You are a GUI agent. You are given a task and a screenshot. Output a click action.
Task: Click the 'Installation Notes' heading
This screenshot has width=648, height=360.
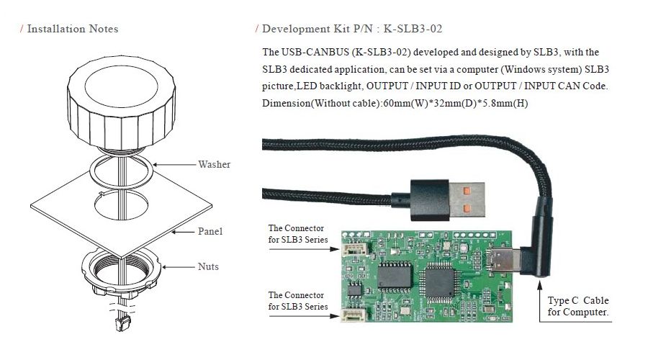[x=72, y=29]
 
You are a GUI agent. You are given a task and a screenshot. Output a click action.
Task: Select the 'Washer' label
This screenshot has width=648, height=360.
[x=215, y=164]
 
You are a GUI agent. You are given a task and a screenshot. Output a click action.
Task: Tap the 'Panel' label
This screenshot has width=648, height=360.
[x=210, y=231]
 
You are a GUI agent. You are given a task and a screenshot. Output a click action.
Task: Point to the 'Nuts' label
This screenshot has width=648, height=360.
[x=208, y=266]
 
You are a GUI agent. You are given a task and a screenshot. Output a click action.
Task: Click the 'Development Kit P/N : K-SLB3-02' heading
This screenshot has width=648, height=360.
[x=352, y=29]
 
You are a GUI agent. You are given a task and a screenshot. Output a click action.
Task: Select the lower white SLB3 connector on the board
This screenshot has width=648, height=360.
[x=352, y=315]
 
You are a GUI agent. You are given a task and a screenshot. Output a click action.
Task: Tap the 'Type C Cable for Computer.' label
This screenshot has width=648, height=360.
[x=579, y=306]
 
